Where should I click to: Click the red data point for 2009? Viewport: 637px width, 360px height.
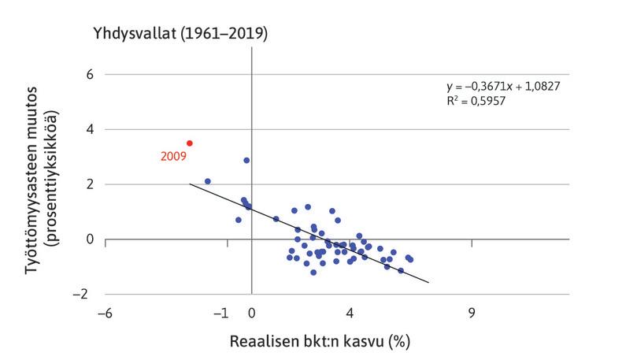[190, 143]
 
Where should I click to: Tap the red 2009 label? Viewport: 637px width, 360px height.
[172, 157]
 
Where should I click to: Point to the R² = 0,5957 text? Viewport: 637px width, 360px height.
[476, 102]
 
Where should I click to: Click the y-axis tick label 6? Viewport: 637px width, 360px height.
[89, 75]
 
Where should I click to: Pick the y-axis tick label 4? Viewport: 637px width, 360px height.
[89, 129]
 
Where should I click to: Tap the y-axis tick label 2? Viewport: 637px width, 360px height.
[89, 184]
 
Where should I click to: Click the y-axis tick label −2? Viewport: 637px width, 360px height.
[85, 294]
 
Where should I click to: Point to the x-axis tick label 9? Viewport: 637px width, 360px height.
[472, 314]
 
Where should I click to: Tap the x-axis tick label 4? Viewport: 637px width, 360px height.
[350, 314]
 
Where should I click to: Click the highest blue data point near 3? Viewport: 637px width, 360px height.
[246, 160]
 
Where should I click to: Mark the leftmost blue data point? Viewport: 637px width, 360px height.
[208, 181]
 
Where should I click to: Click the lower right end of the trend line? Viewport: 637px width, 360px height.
[428, 282]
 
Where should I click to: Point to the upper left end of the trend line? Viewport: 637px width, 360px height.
[190, 184]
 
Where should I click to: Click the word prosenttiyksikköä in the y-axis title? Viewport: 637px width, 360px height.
[55, 184]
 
